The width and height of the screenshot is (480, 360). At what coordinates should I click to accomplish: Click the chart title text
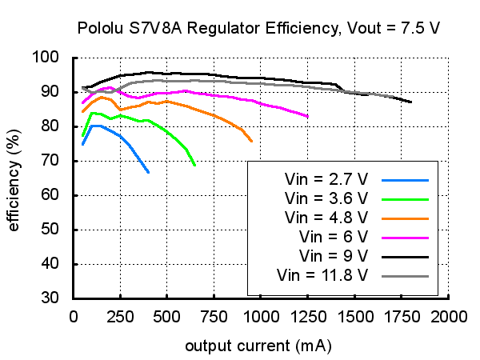(x=258, y=29)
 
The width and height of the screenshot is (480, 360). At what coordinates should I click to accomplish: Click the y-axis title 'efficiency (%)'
(x=14, y=178)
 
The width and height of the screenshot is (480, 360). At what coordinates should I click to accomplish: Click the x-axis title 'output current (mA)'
(x=258, y=346)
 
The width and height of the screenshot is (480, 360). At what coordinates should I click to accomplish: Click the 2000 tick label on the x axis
(x=448, y=315)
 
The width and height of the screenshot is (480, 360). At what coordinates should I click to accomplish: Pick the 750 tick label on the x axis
(x=214, y=315)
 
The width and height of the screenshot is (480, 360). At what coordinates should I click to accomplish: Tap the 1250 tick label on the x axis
(x=307, y=315)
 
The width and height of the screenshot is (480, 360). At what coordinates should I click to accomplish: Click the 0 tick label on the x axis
(x=74, y=315)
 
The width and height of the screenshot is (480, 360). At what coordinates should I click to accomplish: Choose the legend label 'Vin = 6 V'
(x=334, y=237)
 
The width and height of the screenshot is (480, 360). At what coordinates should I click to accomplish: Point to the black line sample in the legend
(x=406, y=257)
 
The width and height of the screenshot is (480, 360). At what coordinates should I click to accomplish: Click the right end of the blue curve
(x=148, y=172)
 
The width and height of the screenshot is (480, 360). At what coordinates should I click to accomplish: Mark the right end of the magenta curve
(x=308, y=117)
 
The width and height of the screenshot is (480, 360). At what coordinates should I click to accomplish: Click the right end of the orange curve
(x=252, y=141)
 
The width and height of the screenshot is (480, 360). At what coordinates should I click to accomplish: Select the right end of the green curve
(x=194, y=165)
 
